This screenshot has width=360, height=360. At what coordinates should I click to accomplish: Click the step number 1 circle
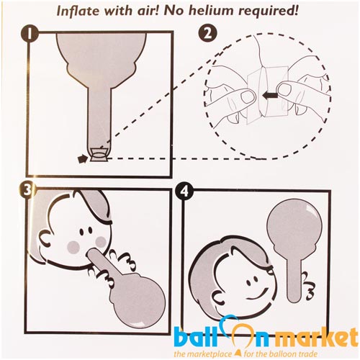tap(30, 34)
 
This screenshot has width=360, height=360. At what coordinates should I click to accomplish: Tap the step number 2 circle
tap(208, 34)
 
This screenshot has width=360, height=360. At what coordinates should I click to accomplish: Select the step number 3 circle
tap(27, 190)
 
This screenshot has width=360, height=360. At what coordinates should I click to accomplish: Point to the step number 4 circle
tap(184, 192)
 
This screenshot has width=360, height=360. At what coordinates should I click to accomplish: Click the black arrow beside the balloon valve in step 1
tap(83, 159)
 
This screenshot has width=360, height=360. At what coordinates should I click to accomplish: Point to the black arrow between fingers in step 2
tap(270, 96)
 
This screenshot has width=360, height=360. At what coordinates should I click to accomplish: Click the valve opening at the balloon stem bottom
tap(98, 156)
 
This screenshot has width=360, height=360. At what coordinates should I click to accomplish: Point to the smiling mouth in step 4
tap(259, 293)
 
